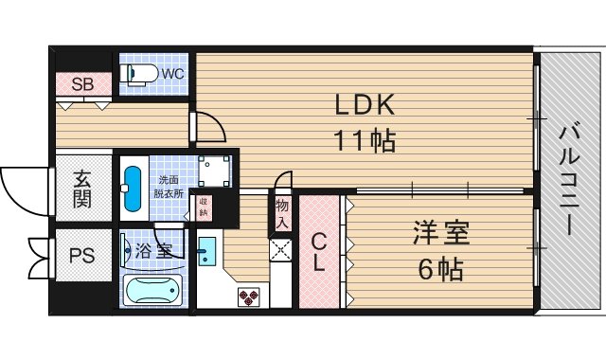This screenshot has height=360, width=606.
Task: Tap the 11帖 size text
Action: point(364,141)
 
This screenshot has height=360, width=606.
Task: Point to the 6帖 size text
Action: point(440,269)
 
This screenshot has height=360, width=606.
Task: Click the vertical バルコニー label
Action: point(569,180)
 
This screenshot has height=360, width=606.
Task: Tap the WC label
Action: point(173,72)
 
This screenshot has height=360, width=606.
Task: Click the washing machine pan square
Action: point(216,171)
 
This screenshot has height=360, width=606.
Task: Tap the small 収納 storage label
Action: point(204,206)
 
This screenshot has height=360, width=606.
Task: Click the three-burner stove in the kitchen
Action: point(248,298)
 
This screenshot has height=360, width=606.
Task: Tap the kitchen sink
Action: point(208,252)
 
